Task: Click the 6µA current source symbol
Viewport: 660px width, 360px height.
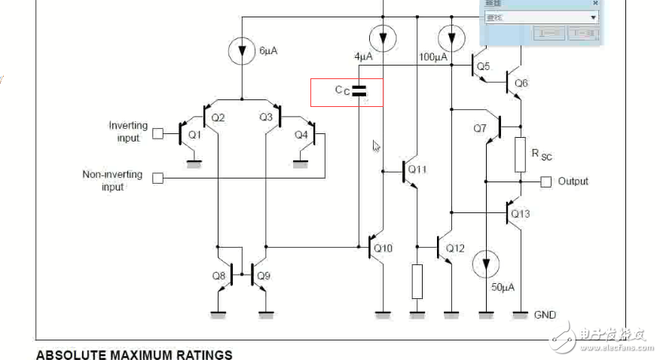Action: [241, 50]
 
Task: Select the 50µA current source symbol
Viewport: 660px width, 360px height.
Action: [486, 264]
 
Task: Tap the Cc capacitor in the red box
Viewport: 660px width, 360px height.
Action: [359, 91]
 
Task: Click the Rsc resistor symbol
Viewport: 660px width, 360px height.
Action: [520, 154]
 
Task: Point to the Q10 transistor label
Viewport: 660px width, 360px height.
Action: [383, 249]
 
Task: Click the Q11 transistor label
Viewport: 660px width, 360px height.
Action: [417, 169]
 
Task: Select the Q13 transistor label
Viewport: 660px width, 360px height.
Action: [521, 214]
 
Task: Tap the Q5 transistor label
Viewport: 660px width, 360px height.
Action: [483, 66]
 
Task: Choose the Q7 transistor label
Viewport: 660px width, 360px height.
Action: [481, 128]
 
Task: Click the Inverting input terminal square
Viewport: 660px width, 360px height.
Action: [157, 133]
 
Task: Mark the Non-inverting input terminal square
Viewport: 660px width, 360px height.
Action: [157, 178]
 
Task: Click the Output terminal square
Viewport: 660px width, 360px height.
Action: [546, 182]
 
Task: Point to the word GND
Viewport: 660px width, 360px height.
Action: [545, 315]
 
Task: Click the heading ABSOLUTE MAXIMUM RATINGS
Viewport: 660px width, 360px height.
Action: [134, 354]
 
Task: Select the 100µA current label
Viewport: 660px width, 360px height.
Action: [433, 57]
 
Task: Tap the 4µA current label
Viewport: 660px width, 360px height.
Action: [363, 57]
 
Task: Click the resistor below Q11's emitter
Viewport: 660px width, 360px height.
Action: [417, 282]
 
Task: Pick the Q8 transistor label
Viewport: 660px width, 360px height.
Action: [218, 276]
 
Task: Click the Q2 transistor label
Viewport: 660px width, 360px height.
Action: [218, 117]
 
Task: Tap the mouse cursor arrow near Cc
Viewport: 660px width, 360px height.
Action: [377, 146]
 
